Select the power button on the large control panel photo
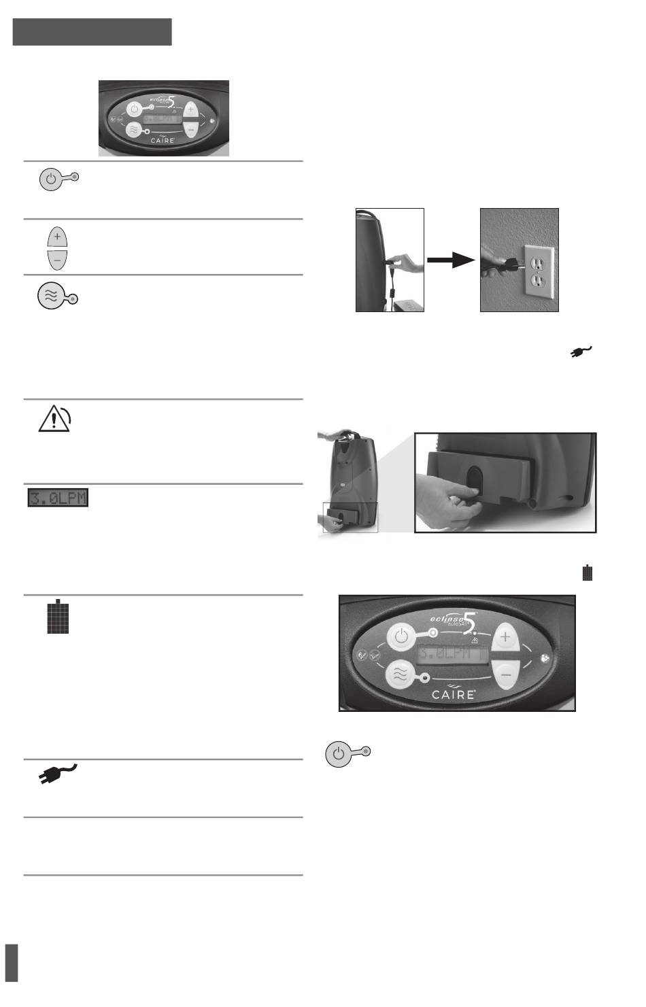pos(402,638)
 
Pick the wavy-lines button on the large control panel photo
pos(401,677)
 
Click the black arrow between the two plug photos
pos(451,260)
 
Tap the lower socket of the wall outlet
pos(537,279)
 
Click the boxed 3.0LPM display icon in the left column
pos(58,498)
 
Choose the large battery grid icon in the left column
pos(58,617)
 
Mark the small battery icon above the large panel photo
pos(588,573)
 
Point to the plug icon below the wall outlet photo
pos(581,352)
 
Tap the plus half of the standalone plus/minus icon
pos(57,238)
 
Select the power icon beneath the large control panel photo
pos(339,755)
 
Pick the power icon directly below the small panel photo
pos(52,180)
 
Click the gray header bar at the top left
pos(92,32)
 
